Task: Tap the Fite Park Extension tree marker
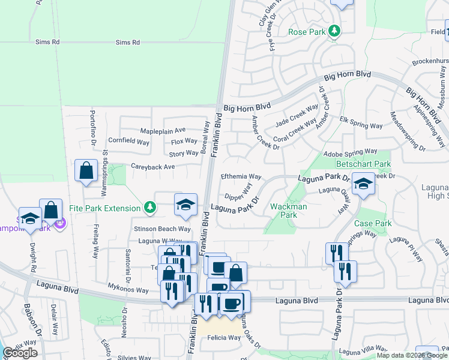point(150,208)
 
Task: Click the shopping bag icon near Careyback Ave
point(86,170)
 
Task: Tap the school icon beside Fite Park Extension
point(185,205)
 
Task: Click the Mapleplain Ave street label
point(163,130)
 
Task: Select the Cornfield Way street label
point(128,142)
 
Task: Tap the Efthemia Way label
point(241,177)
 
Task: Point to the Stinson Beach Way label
point(162,229)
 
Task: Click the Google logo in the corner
point(20,353)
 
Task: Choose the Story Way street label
point(183,154)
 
